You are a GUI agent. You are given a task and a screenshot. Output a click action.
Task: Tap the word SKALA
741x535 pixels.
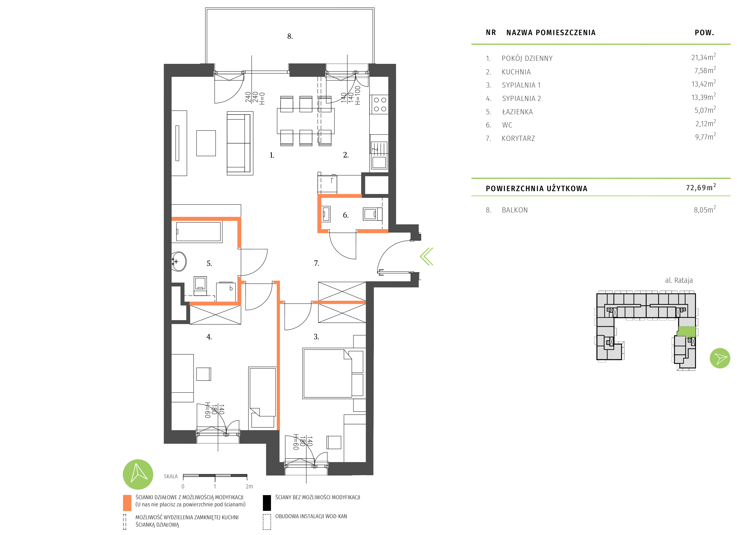pos(171,477)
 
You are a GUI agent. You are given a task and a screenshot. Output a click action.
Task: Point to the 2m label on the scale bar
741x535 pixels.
pos(249,487)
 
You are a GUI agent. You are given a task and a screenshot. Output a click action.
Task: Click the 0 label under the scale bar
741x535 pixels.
pos(183,487)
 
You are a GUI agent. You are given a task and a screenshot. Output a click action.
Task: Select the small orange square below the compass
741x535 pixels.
pos(127,503)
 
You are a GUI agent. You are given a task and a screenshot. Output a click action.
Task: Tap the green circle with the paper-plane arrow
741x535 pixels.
pos(720,358)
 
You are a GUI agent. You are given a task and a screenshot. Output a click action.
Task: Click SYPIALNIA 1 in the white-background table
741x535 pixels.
pos(521,85)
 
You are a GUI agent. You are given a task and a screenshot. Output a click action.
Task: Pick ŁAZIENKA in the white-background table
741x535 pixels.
pos(517,112)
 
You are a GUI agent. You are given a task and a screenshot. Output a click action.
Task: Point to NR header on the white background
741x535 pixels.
pos(491,33)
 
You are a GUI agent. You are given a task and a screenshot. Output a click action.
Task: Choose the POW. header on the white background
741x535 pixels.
pos(704,33)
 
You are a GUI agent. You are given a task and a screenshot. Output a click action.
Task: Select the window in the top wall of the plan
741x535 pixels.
pos(347,71)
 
